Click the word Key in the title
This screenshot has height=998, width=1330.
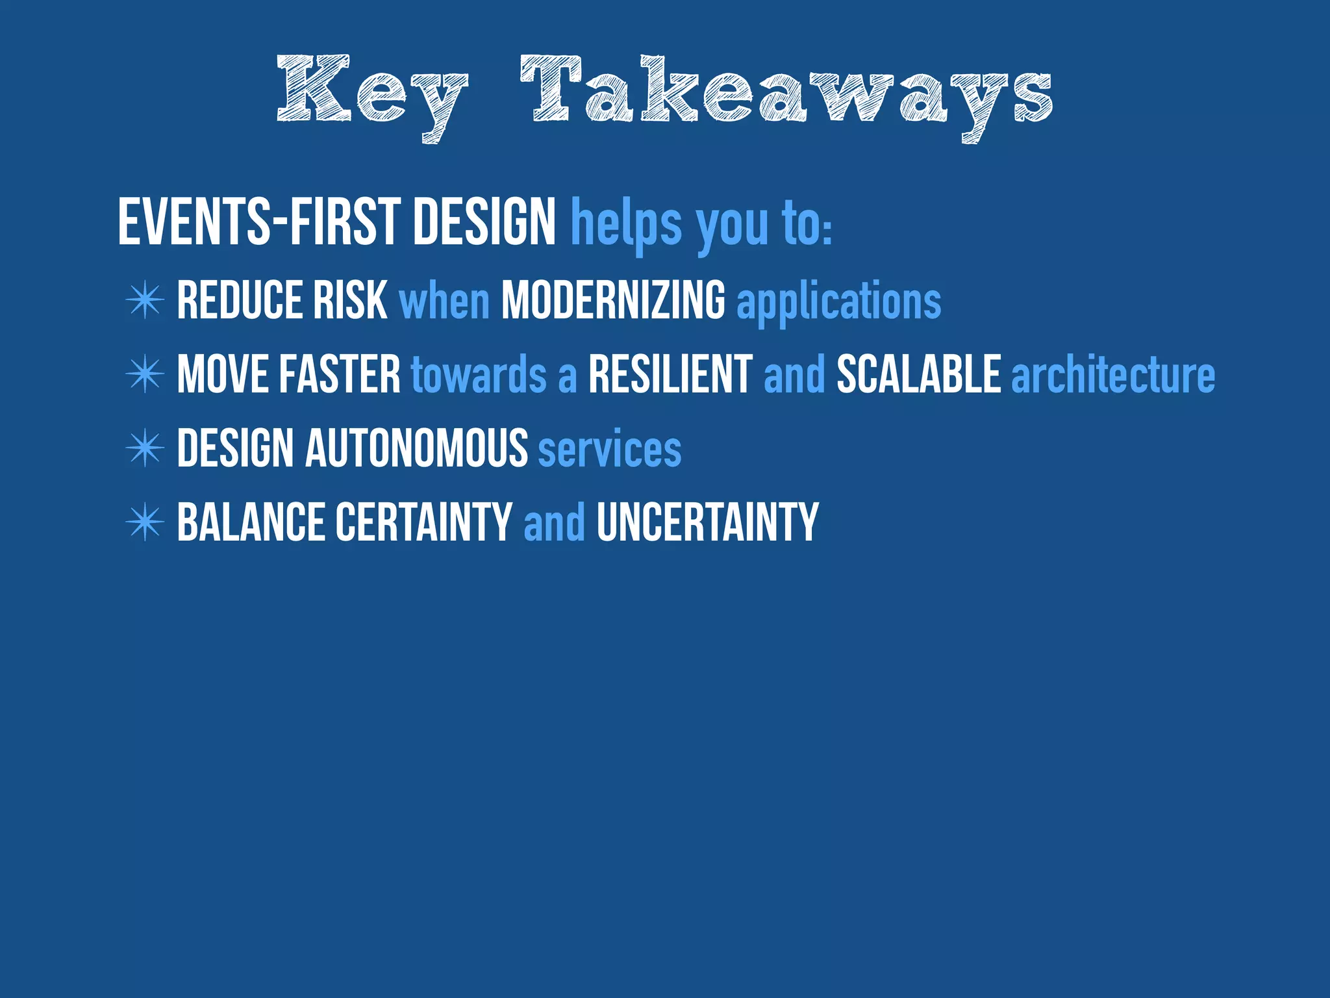(x=371, y=94)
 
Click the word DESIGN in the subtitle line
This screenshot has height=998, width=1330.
(x=484, y=222)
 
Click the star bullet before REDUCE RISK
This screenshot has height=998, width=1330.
(x=145, y=300)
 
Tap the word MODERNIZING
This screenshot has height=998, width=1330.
(x=613, y=300)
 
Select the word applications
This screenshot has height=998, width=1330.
(x=838, y=301)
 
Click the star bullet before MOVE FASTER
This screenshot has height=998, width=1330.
(x=145, y=374)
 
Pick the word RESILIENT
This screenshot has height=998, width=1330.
(x=670, y=374)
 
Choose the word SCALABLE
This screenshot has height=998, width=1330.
(x=918, y=374)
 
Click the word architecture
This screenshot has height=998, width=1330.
(x=1113, y=375)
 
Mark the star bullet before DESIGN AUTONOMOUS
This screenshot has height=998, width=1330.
(x=145, y=448)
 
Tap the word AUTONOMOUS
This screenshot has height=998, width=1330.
(x=416, y=448)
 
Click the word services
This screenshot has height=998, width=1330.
(x=610, y=449)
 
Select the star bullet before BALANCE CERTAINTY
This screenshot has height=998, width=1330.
(x=145, y=522)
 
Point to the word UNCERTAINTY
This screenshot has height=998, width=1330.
(x=707, y=522)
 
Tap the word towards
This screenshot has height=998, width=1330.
(x=479, y=375)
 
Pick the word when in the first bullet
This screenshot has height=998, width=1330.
(x=444, y=301)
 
